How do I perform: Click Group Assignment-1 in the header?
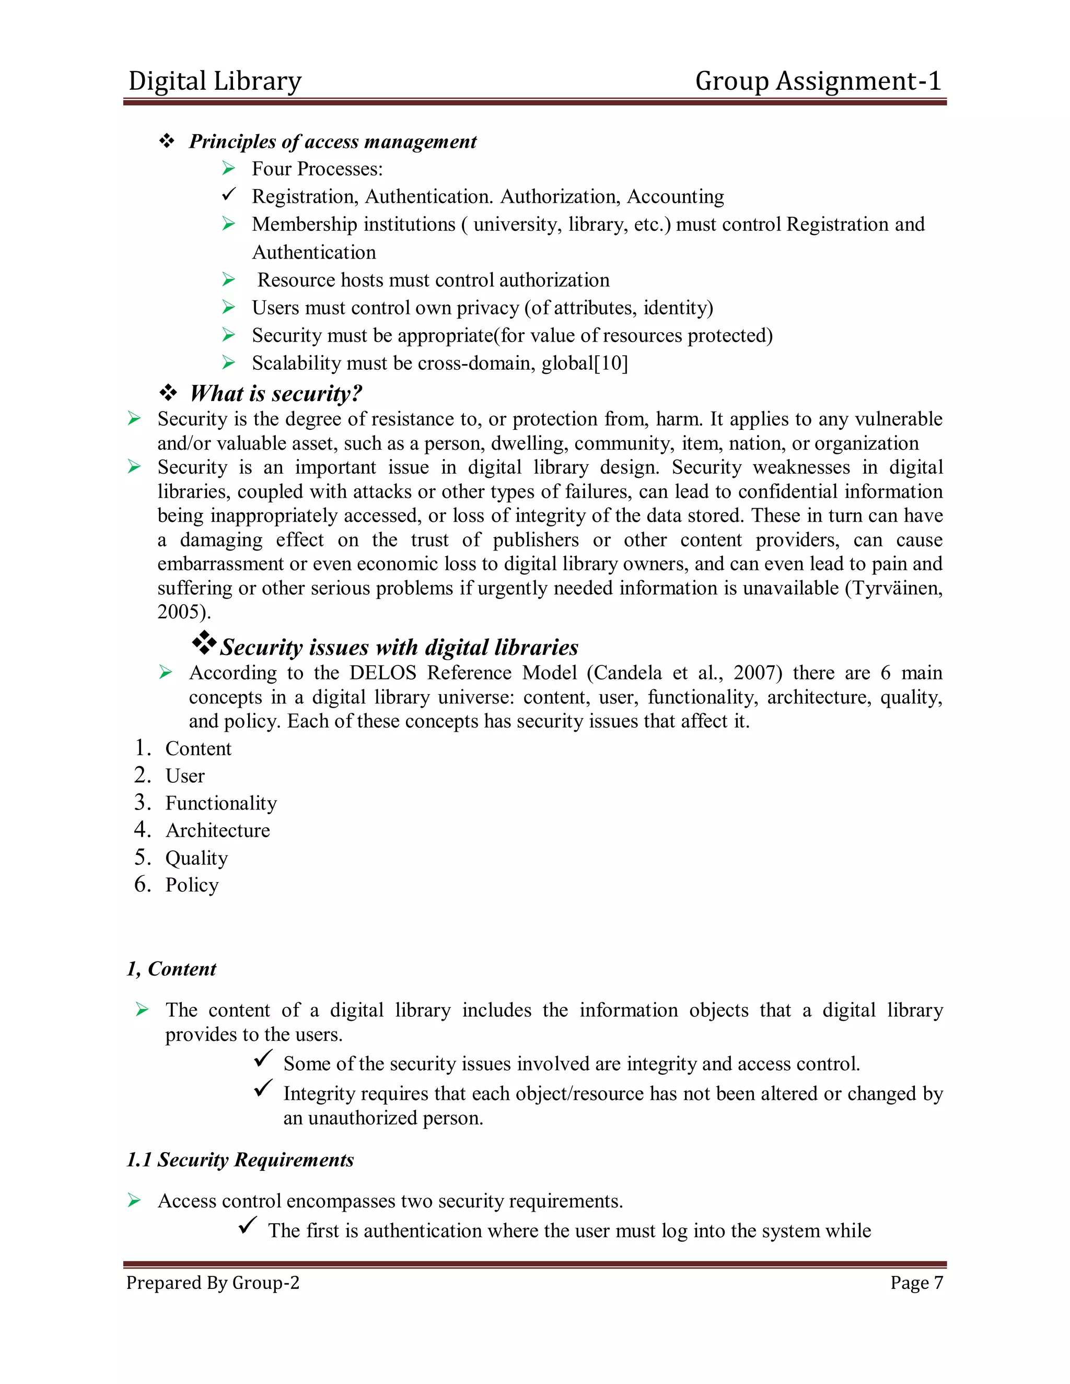pyautogui.click(x=818, y=81)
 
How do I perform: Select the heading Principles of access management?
pyautogui.click(x=332, y=142)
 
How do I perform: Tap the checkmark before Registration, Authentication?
pyautogui.click(x=229, y=195)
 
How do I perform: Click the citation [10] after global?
pyautogui.click(x=611, y=363)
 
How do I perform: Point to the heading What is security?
pyautogui.click(x=276, y=394)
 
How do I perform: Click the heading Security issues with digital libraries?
pyautogui.click(x=399, y=647)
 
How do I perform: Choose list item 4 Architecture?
pyautogui.click(x=217, y=830)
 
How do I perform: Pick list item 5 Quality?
pyautogui.click(x=196, y=858)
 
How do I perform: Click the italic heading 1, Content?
pyautogui.click(x=172, y=969)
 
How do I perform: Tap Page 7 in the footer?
pyautogui.click(x=916, y=1283)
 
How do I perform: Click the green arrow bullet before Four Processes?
pyautogui.click(x=229, y=169)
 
